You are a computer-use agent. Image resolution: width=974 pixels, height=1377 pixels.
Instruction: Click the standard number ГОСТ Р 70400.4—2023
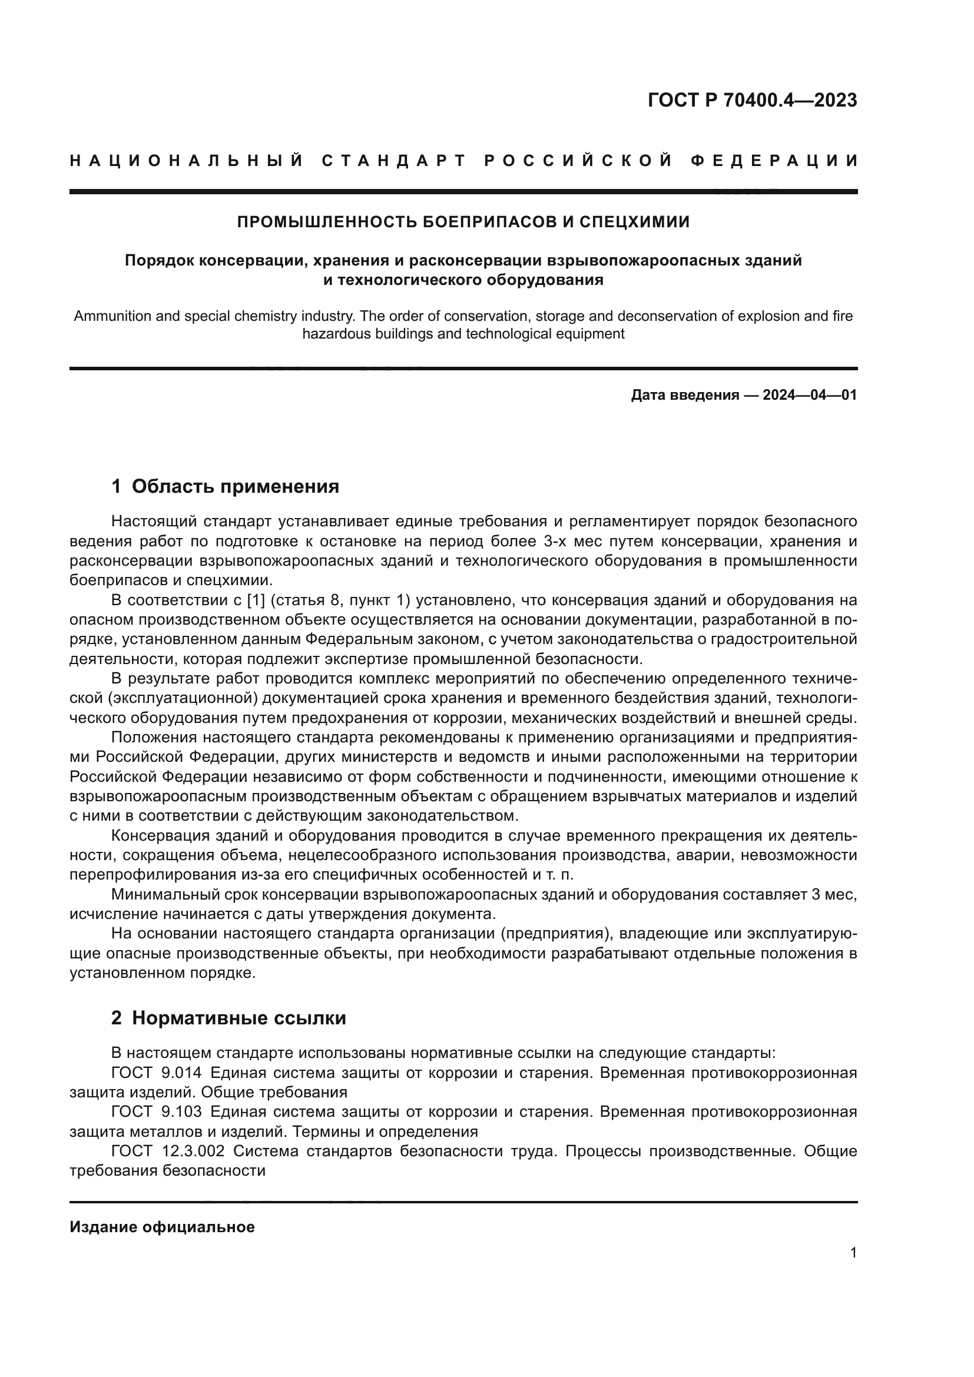[x=752, y=100]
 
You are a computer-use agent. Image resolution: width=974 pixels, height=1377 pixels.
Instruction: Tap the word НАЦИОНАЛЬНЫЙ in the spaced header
[x=187, y=161]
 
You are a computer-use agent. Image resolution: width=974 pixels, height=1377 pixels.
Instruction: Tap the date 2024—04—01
[x=810, y=395]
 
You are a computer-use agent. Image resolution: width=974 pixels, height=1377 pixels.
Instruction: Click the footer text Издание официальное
[x=162, y=1227]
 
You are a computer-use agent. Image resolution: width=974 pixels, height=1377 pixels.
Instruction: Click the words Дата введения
[x=684, y=395]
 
